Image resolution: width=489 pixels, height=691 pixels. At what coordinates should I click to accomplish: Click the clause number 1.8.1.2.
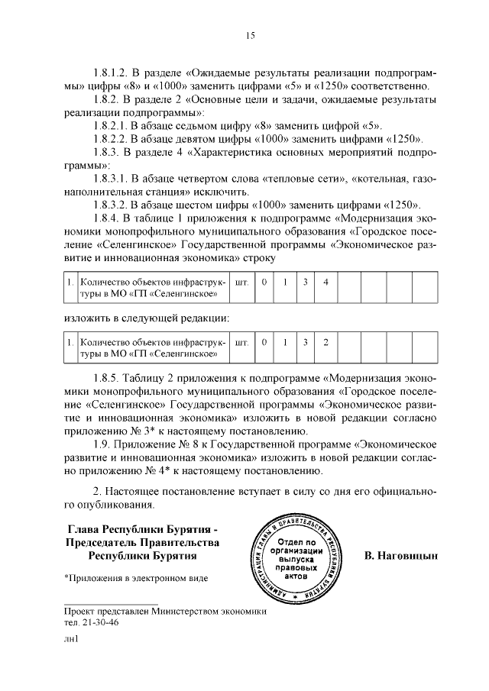pyautogui.click(x=112, y=72)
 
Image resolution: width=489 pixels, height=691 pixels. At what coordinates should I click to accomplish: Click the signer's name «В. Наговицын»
pyautogui.click(x=401, y=555)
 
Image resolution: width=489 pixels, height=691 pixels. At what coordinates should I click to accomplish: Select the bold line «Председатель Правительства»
pyautogui.click(x=143, y=542)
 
